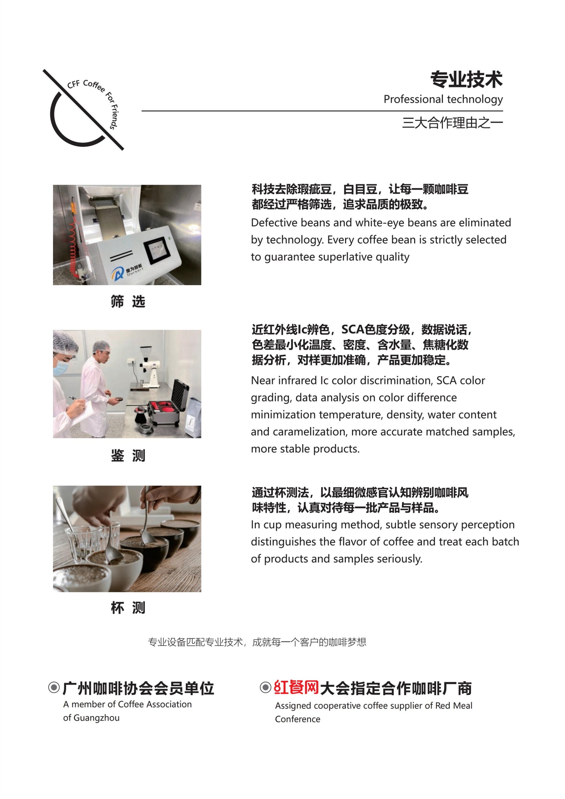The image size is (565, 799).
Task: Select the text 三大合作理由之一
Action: (452, 123)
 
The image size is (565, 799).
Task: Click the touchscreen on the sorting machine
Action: (155, 250)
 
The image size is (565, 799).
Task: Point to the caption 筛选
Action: (128, 301)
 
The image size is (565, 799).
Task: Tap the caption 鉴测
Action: (128, 455)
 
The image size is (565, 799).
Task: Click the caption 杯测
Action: (128, 608)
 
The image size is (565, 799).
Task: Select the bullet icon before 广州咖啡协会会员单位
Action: (54, 688)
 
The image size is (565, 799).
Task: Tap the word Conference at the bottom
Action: (297, 719)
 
